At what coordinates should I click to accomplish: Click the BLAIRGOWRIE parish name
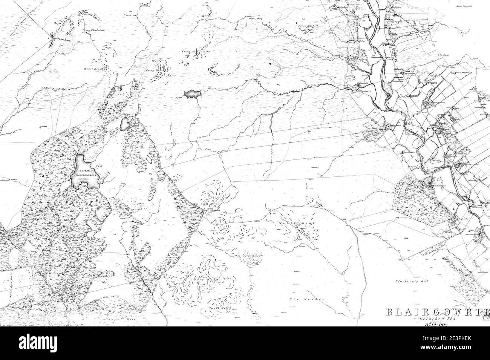click(x=437, y=312)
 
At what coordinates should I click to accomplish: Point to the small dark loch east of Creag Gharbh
click(x=191, y=94)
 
